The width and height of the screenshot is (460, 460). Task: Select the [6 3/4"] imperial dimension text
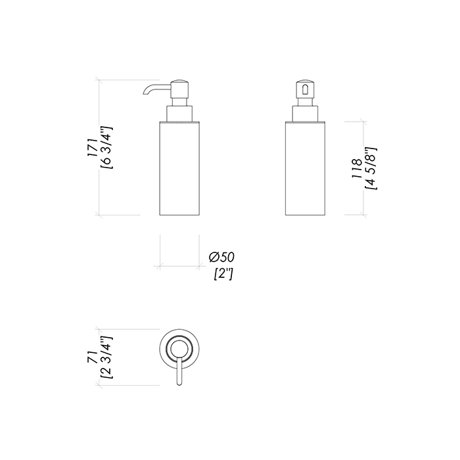pos(106,148)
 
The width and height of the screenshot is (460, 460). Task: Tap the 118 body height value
pos(357,169)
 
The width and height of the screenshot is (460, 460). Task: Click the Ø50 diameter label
pos(222,258)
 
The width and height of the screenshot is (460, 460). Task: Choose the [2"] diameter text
pos(223,274)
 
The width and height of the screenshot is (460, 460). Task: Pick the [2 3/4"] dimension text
pos(106,357)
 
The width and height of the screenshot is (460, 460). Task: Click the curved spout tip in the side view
pos(145,93)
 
